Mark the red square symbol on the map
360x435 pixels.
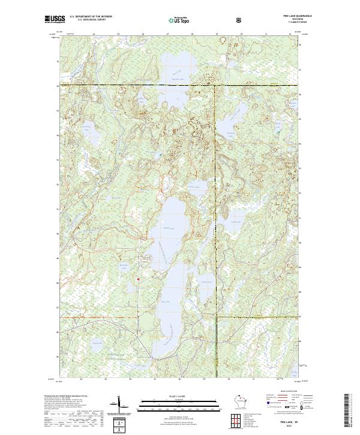139,278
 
